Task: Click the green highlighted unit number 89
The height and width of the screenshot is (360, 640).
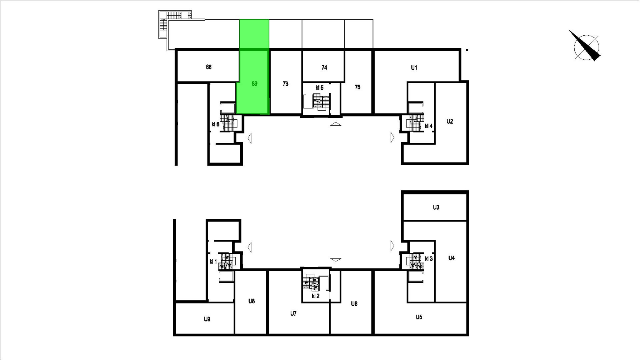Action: [x=254, y=84]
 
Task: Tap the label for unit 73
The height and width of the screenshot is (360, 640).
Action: [x=285, y=84]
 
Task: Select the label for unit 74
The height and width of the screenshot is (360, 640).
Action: [x=324, y=67]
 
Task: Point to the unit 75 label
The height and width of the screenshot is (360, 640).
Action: [x=357, y=87]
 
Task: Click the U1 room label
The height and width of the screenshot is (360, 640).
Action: [x=414, y=68]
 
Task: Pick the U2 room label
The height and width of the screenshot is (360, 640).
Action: [x=450, y=122]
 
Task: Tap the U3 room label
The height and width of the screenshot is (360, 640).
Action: [x=436, y=207]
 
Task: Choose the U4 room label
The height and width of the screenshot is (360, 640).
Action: [x=451, y=258]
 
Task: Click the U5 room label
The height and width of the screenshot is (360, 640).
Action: [x=419, y=317]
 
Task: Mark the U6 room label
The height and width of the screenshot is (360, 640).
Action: [x=354, y=304]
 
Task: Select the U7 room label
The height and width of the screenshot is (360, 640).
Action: [x=293, y=313]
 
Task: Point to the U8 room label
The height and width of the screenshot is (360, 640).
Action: [x=252, y=301]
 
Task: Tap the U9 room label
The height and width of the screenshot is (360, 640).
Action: [x=207, y=319]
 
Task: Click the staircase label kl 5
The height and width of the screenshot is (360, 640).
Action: [x=319, y=88]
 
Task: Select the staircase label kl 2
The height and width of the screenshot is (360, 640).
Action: [x=316, y=296]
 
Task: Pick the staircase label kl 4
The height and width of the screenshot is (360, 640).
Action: [x=428, y=126]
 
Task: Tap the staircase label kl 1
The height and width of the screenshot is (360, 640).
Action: [x=213, y=262]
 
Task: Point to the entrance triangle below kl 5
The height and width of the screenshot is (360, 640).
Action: [x=336, y=124]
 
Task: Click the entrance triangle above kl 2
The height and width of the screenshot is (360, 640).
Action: [x=336, y=260]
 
